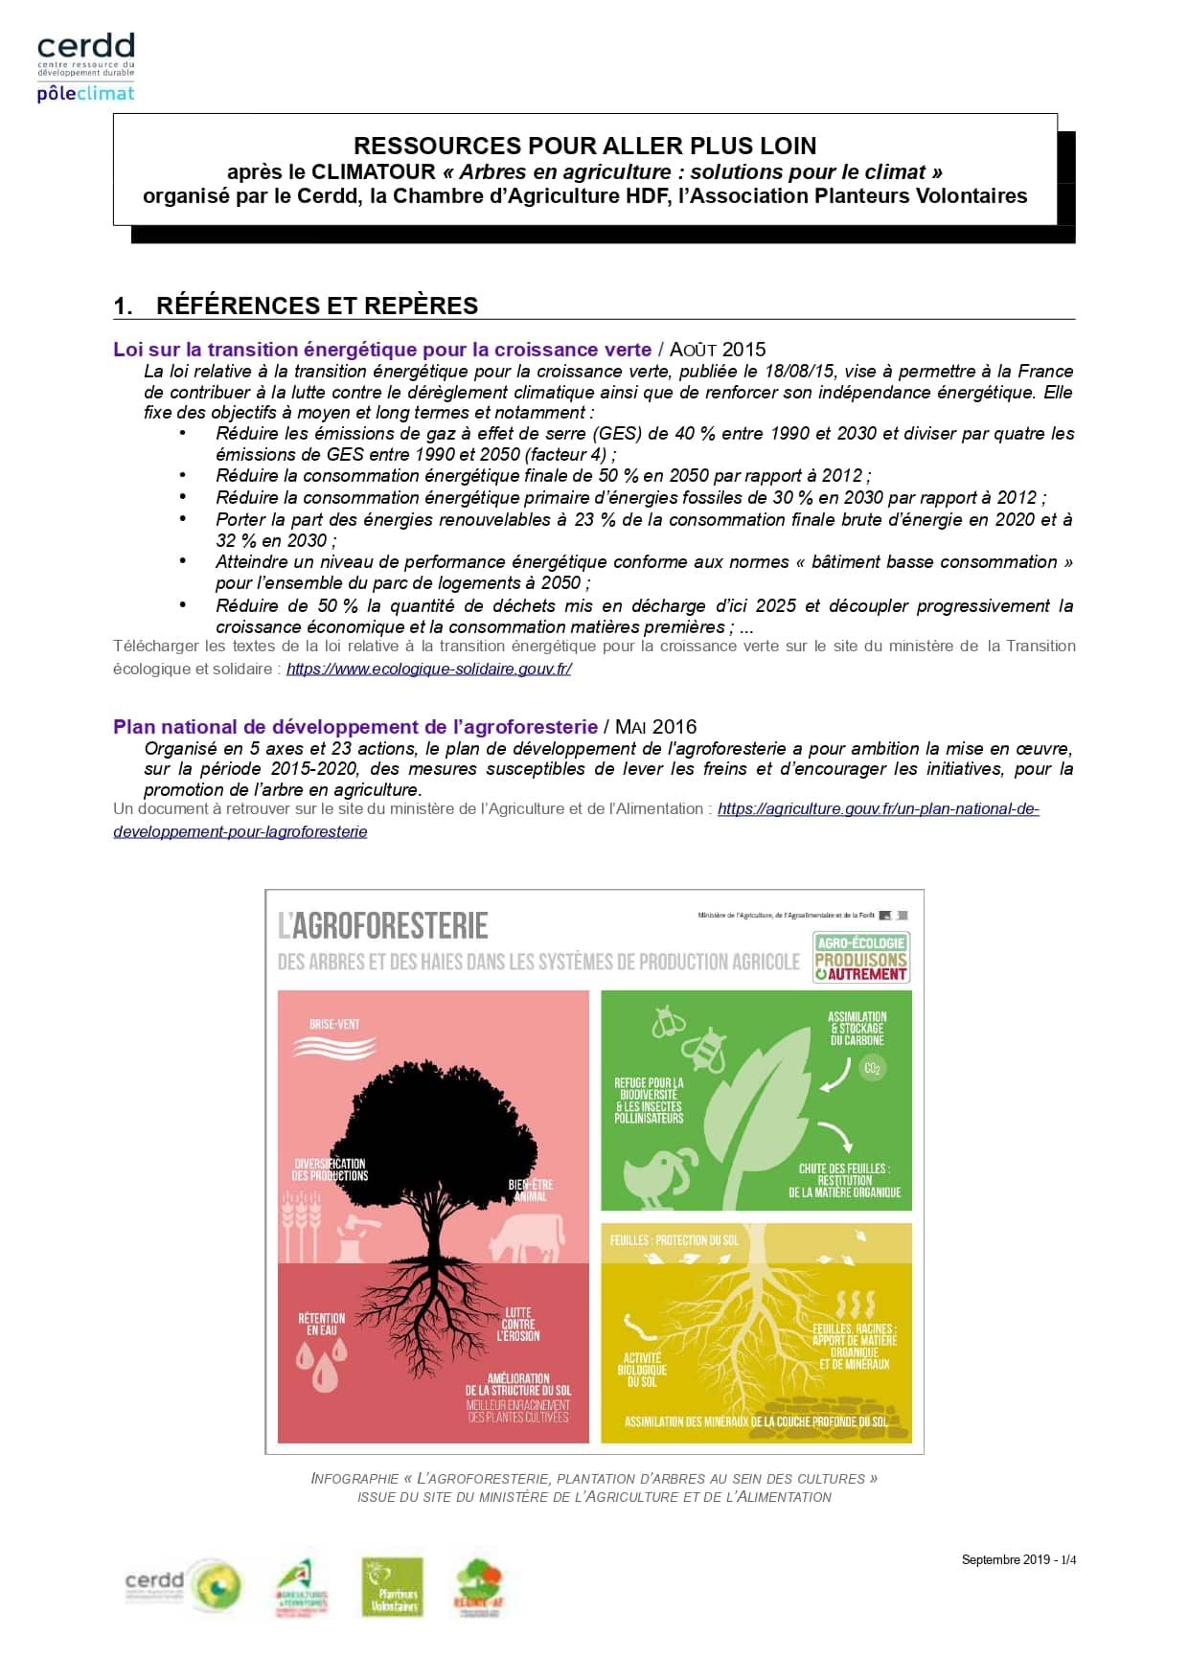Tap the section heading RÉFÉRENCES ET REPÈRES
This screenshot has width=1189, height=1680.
click(x=316, y=306)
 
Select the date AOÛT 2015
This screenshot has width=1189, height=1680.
click(x=718, y=350)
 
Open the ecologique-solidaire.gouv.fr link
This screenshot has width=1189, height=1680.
click(x=428, y=669)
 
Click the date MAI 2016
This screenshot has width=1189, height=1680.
click(x=655, y=727)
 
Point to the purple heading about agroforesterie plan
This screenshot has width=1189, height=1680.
click(x=354, y=727)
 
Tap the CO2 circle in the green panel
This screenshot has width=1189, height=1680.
click(x=872, y=1068)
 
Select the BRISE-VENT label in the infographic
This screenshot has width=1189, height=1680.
click(x=334, y=1024)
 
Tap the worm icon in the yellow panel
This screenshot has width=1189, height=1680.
click(x=636, y=1330)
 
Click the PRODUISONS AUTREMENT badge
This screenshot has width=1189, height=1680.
click(x=860, y=958)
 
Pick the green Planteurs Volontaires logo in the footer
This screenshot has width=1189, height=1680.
click(x=393, y=1587)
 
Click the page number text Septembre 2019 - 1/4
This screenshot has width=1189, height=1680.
click(x=1018, y=1559)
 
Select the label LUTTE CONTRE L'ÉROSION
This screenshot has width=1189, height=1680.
click(x=518, y=1324)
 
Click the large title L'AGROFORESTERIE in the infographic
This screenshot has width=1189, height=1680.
click(x=383, y=925)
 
